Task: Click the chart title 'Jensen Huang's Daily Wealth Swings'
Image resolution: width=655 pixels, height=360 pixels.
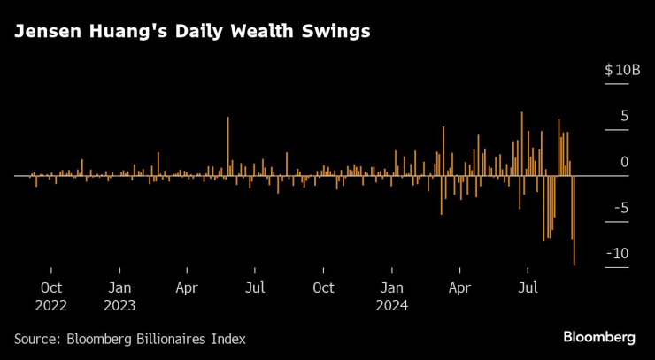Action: tap(191, 32)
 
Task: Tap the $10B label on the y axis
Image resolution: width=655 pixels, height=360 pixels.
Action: tap(621, 70)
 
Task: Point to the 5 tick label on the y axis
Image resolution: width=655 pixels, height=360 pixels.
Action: tap(625, 116)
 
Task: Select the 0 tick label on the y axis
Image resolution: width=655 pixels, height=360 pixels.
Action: tap(625, 162)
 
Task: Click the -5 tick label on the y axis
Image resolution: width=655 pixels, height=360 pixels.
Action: tap(621, 208)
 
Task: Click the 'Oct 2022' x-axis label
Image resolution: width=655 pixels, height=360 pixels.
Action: tap(50, 296)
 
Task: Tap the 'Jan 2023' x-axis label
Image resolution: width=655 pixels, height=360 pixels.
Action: tap(119, 296)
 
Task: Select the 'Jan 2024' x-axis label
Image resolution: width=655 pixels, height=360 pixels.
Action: tap(391, 296)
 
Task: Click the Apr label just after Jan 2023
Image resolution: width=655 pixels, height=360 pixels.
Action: tap(187, 287)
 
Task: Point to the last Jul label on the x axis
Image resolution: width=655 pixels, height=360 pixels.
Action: tap(528, 287)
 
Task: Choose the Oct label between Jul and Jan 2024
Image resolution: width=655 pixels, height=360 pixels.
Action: tap(323, 287)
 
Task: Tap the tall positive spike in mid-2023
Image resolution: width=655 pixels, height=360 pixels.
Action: tap(227, 146)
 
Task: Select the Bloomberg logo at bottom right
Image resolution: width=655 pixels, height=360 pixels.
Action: tap(599, 337)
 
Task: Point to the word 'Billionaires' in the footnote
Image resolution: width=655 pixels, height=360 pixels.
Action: tap(175, 339)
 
